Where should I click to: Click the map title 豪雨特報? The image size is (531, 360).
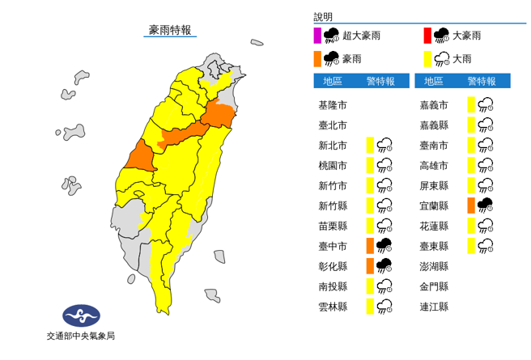pyautogui.click(x=170, y=30)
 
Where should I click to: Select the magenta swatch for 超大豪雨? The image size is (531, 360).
pyautogui.click(x=317, y=36)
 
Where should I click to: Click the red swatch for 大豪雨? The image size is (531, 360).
pyautogui.click(x=427, y=36)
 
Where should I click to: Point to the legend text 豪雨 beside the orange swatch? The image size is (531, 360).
pyautogui.click(x=352, y=58)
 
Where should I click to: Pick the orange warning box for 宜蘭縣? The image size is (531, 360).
pyautogui.click(x=471, y=205)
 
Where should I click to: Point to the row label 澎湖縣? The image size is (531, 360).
pyautogui.click(x=434, y=265)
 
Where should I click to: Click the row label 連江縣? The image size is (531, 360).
pyautogui.click(x=434, y=306)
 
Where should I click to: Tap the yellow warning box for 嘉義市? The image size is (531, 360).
pyautogui.click(x=471, y=105)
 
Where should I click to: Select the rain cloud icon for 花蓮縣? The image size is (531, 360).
pyautogui.click(x=486, y=226)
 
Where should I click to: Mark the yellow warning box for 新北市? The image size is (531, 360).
pyautogui.click(x=370, y=146)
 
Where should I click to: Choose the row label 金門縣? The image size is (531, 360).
pyautogui.click(x=434, y=286)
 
